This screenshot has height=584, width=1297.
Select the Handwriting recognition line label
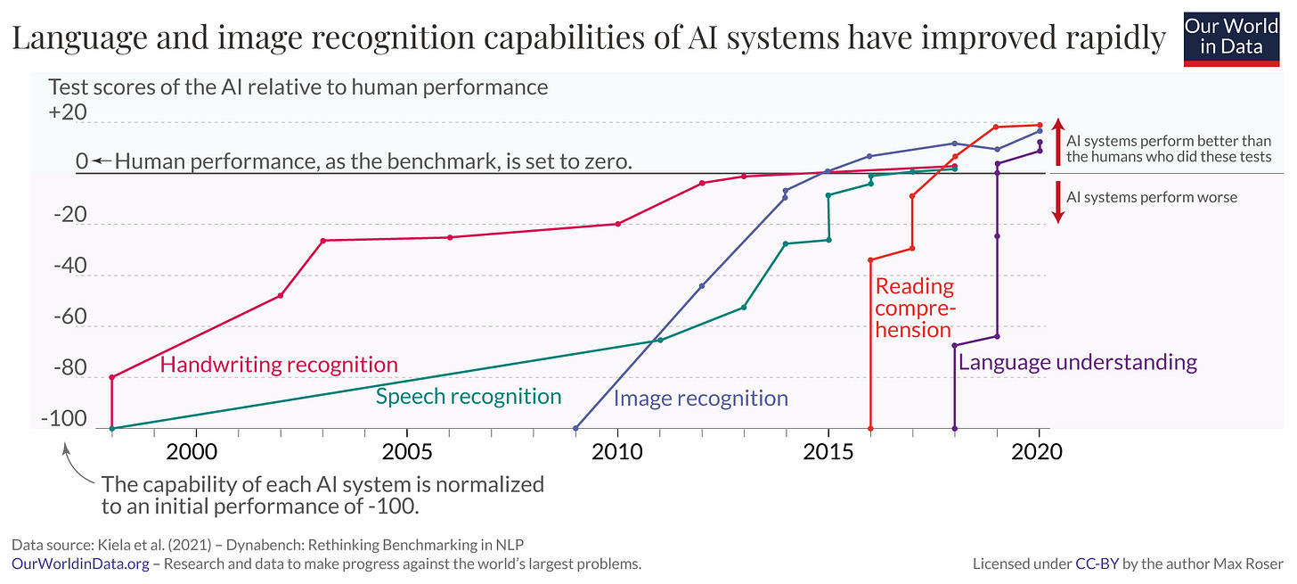click(x=278, y=364)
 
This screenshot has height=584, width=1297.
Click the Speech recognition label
click(x=468, y=397)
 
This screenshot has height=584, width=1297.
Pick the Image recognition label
click(x=700, y=399)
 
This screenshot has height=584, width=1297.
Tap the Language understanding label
click(x=1077, y=362)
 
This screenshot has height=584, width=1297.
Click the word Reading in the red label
click(x=914, y=286)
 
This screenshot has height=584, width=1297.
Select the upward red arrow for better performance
click(x=1057, y=141)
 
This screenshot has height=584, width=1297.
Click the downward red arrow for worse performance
click(x=1057, y=202)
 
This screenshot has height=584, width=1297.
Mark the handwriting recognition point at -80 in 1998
click(x=112, y=377)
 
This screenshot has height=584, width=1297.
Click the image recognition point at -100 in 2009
click(x=576, y=428)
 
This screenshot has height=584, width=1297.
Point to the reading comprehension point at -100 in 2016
click(x=870, y=428)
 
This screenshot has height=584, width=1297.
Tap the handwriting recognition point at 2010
click(x=618, y=224)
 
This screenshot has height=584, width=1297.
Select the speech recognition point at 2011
click(x=660, y=340)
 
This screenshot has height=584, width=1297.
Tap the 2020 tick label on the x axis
click(x=1038, y=452)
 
